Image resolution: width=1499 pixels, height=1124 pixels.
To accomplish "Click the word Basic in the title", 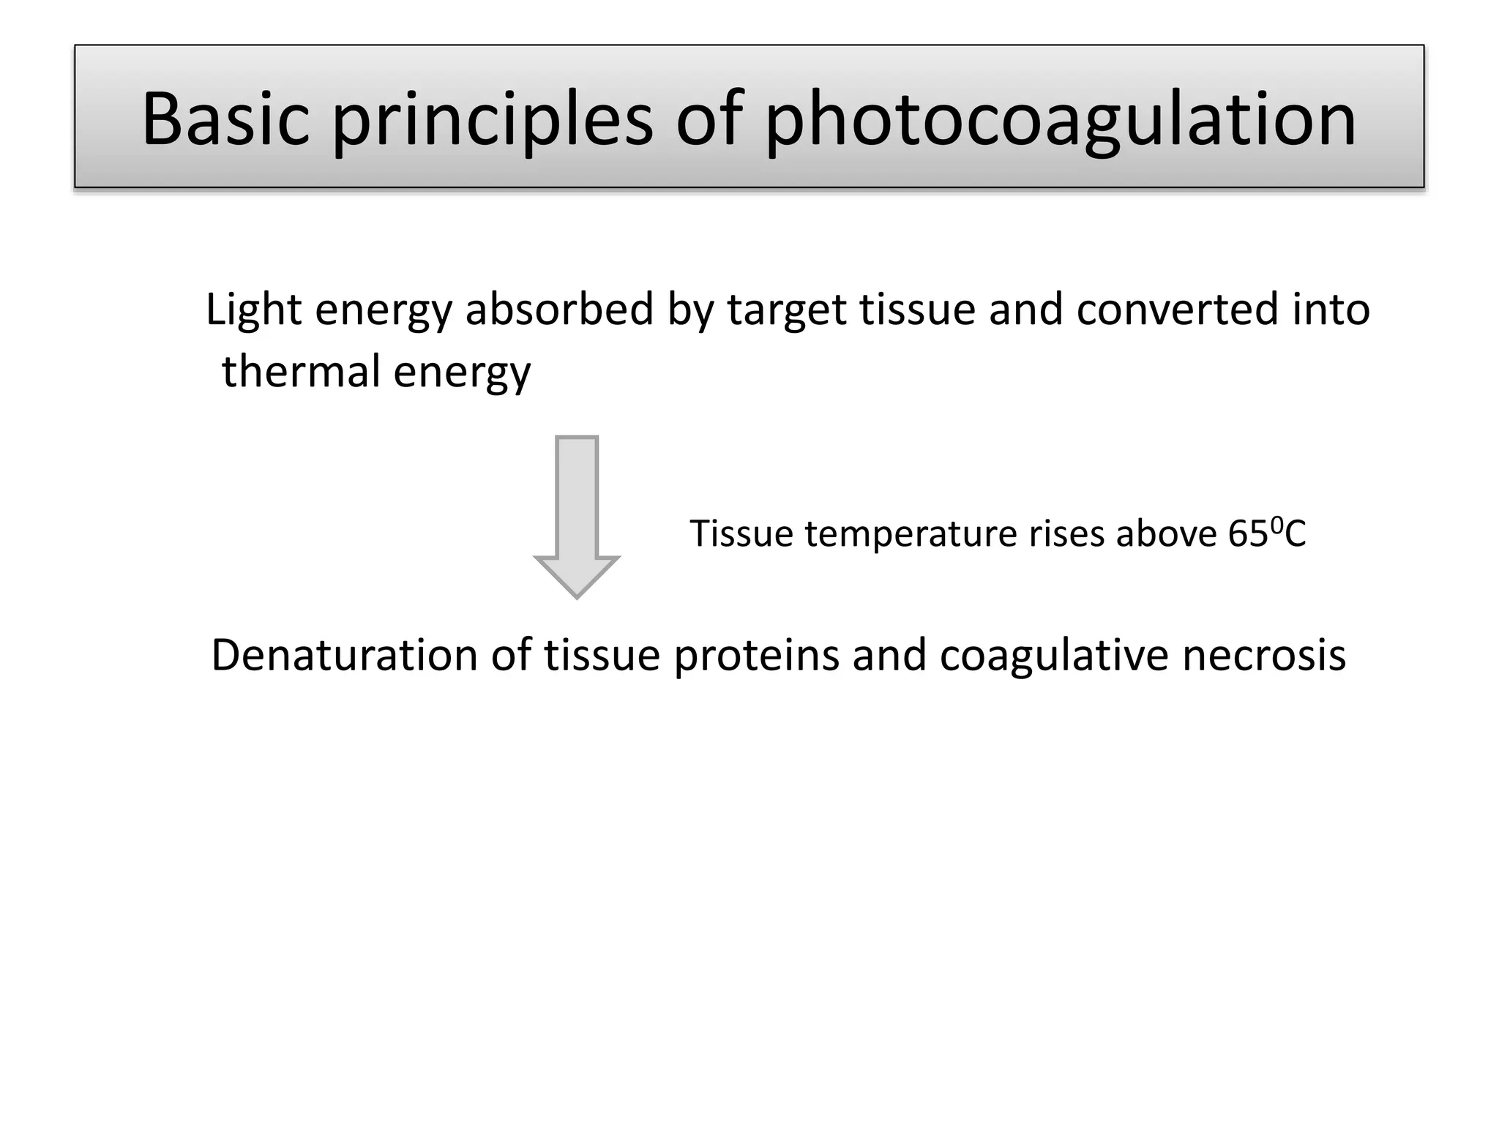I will (225, 119).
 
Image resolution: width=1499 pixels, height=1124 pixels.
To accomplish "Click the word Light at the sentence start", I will (253, 310).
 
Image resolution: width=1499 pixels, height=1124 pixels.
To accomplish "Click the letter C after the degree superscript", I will (1295, 533).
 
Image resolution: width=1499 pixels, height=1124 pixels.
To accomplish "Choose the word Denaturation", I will (345, 655).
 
